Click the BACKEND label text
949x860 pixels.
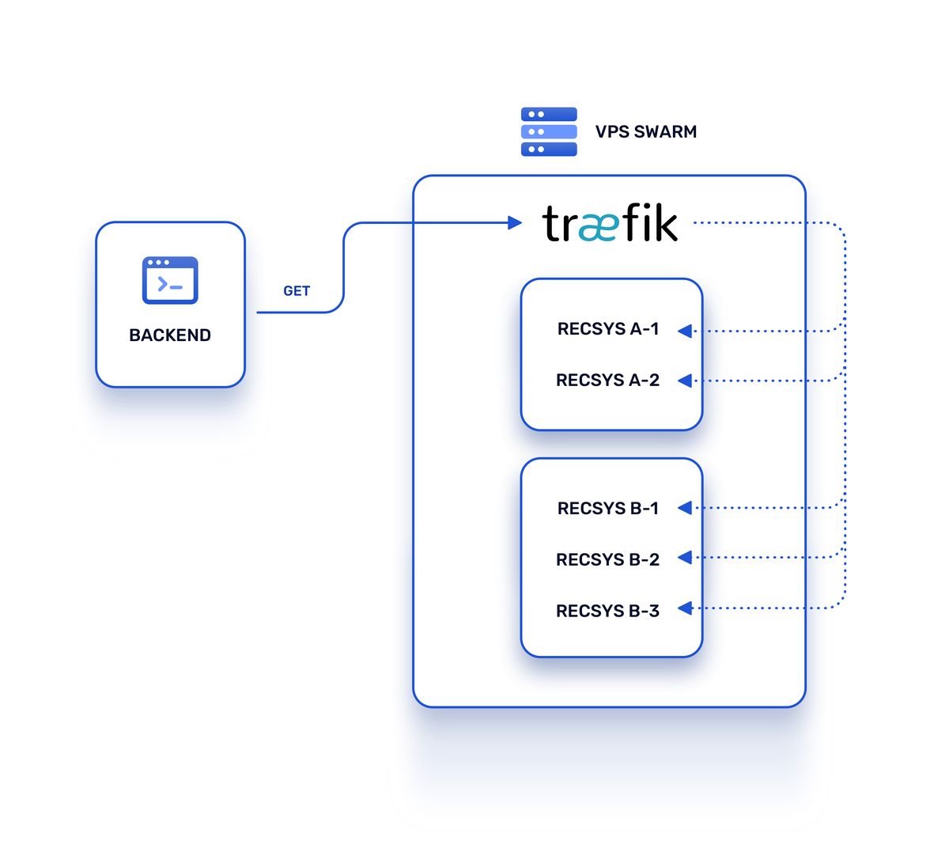170,335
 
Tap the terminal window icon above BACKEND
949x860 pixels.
170,280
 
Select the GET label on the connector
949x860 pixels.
297,291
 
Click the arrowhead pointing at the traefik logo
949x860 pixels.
514,223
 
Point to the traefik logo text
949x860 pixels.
610,224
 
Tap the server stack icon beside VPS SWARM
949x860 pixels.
549,131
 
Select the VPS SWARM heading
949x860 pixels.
646,132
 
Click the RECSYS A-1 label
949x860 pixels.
608,329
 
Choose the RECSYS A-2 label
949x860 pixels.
607,381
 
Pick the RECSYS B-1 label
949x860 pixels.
608,509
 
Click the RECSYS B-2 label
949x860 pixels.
607,560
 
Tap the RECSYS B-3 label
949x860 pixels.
607,612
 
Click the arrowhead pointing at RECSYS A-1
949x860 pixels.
685,331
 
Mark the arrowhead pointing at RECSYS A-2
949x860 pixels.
685,381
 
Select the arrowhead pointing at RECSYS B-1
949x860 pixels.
685,508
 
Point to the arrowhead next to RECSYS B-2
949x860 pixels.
685,558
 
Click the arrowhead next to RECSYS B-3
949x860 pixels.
685,608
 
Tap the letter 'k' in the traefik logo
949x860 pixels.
665,224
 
